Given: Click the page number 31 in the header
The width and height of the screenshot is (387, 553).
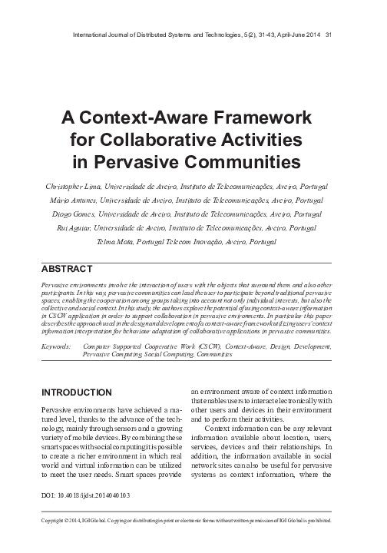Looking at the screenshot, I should pos(329,33).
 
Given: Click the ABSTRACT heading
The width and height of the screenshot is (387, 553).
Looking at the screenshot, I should pos(65,270).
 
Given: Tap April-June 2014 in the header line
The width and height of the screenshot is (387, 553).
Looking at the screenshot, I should pos(296,33).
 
